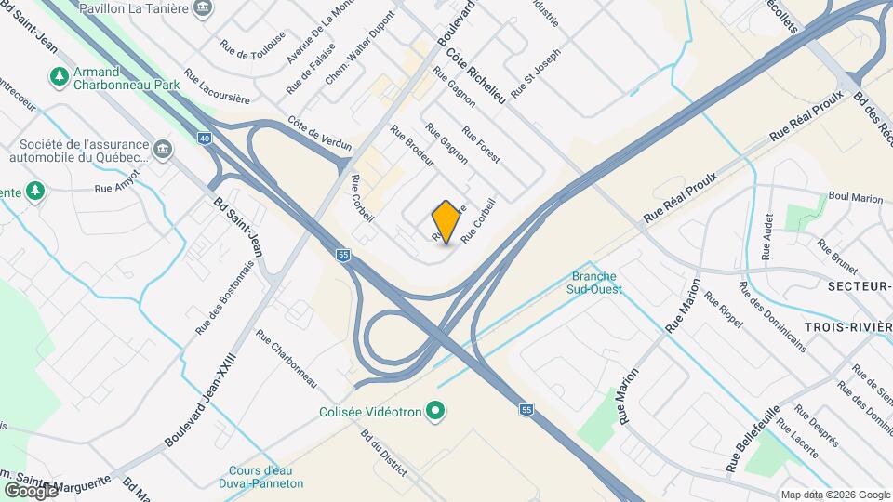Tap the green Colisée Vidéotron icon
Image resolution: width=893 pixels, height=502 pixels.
(433, 411)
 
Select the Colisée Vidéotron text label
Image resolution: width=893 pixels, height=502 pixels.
(371, 411)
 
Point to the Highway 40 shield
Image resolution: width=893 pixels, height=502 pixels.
(204, 139)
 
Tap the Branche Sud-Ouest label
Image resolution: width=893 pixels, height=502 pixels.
(595, 283)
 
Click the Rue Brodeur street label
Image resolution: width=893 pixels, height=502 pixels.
(412, 146)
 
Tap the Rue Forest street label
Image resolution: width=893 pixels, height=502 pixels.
(481, 145)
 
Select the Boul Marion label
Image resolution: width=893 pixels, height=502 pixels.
(855, 197)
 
